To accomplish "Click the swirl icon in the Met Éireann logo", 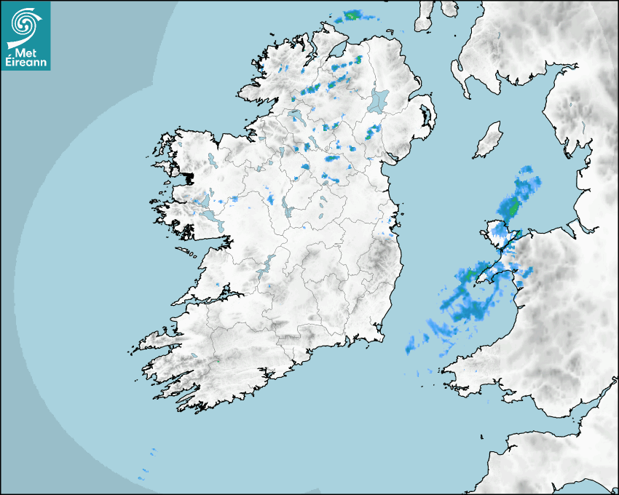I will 25,24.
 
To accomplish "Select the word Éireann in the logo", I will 25,63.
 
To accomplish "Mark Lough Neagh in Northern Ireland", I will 379,100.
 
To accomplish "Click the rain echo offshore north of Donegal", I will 355,15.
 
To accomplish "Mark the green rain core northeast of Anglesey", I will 513,207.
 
